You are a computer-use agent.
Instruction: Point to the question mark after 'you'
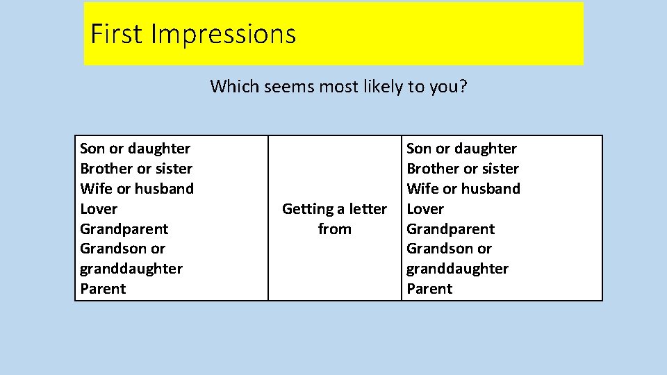463,87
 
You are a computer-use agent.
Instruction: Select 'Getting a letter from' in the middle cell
334,219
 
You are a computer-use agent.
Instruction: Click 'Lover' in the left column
99,209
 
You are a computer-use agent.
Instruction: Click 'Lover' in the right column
425,209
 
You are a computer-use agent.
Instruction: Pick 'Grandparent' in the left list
124,229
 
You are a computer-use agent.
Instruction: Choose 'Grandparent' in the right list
450,229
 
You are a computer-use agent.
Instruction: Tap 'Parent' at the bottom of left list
103,289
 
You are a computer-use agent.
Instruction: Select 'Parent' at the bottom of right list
429,289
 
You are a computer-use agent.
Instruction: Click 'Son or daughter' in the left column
135,149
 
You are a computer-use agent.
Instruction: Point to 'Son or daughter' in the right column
461,149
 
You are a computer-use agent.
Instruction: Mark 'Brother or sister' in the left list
136,169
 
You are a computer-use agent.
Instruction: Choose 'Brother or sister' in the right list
463,169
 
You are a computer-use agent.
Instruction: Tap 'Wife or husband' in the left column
137,189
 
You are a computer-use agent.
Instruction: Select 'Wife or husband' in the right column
463,189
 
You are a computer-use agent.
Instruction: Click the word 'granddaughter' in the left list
131,269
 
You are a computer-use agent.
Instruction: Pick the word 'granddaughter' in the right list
457,269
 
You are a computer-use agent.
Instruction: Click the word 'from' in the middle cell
334,229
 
